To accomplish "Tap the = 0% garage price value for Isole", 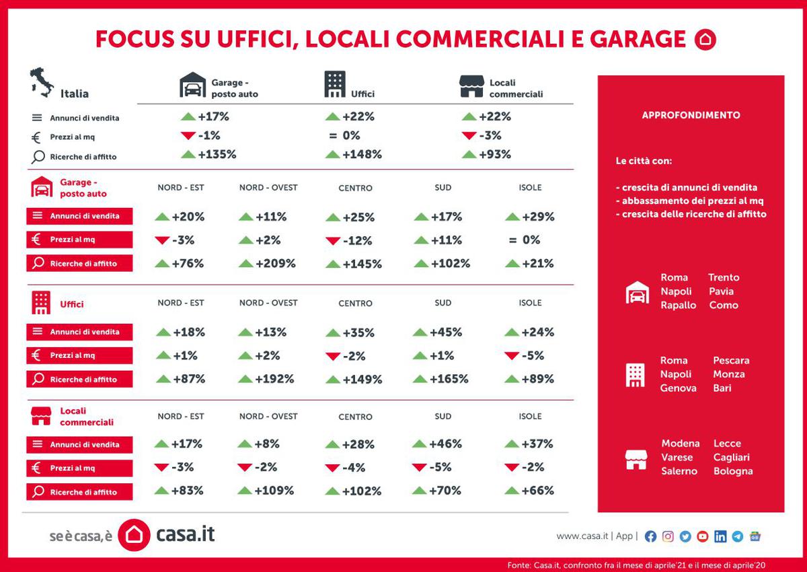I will click(524, 240).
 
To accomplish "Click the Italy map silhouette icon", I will click(42, 83).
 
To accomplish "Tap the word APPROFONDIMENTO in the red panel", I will click(691, 115).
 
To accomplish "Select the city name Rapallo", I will click(679, 306).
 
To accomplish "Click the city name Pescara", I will click(731, 361).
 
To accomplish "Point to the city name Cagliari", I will click(731, 458).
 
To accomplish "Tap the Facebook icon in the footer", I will click(650, 536).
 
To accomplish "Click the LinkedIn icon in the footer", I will click(720, 536).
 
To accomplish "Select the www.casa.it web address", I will click(582, 536).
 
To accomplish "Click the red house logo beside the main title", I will click(705, 40).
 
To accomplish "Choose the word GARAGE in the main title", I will click(638, 40).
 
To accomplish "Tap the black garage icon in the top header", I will click(192, 85).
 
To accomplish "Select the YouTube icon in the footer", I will click(703, 536).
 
